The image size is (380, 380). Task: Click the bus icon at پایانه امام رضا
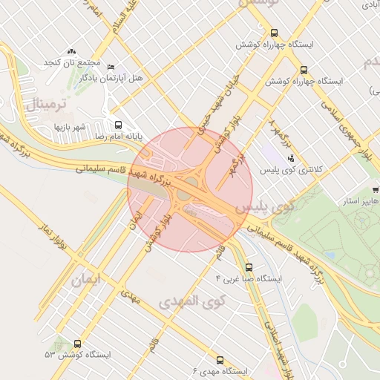[119, 124]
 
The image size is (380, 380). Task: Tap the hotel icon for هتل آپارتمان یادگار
[111, 67]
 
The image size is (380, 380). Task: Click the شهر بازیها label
[70, 127]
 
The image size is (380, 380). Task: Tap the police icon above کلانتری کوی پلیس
[291, 157]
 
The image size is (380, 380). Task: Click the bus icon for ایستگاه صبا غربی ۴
[249, 267]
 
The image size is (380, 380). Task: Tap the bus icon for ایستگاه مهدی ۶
[220, 359]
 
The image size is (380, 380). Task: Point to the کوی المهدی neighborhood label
[191, 301]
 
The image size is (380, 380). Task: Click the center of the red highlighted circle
[180, 189]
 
